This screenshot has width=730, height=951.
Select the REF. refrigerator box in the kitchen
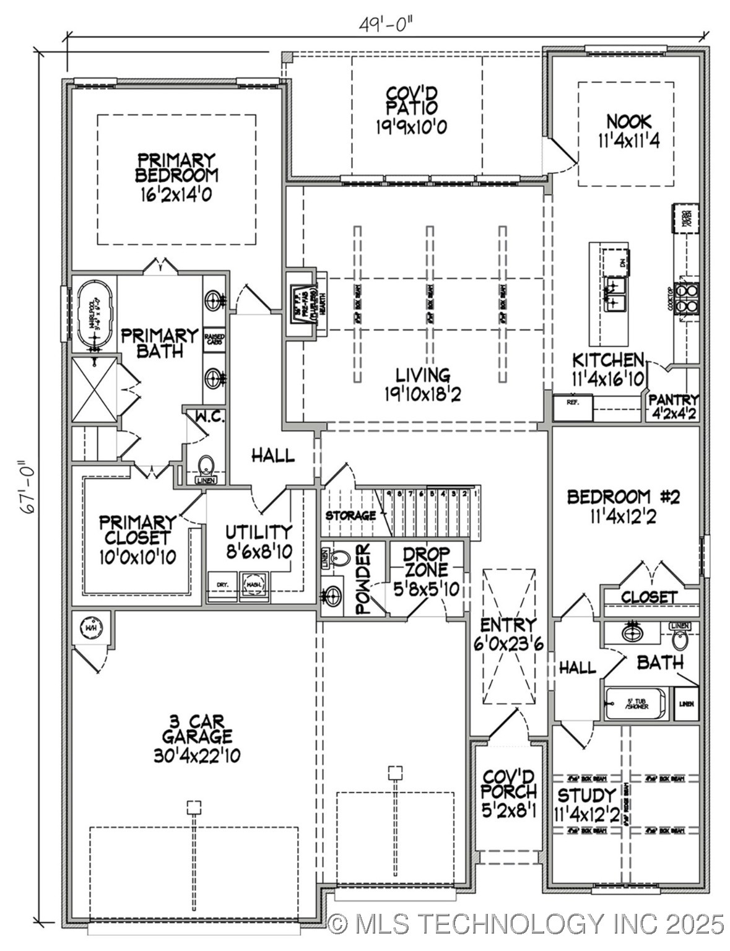point(573,407)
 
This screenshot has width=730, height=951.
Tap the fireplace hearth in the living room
point(305,303)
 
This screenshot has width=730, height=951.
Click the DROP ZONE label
point(427,562)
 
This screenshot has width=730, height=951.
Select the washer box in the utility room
point(254,586)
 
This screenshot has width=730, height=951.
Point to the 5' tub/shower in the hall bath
point(637,704)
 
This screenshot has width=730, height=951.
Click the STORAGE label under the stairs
point(350,515)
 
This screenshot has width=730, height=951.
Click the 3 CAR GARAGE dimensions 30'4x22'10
point(197,755)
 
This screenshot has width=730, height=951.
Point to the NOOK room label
point(628,121)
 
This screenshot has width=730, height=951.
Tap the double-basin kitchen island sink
point(615,293)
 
